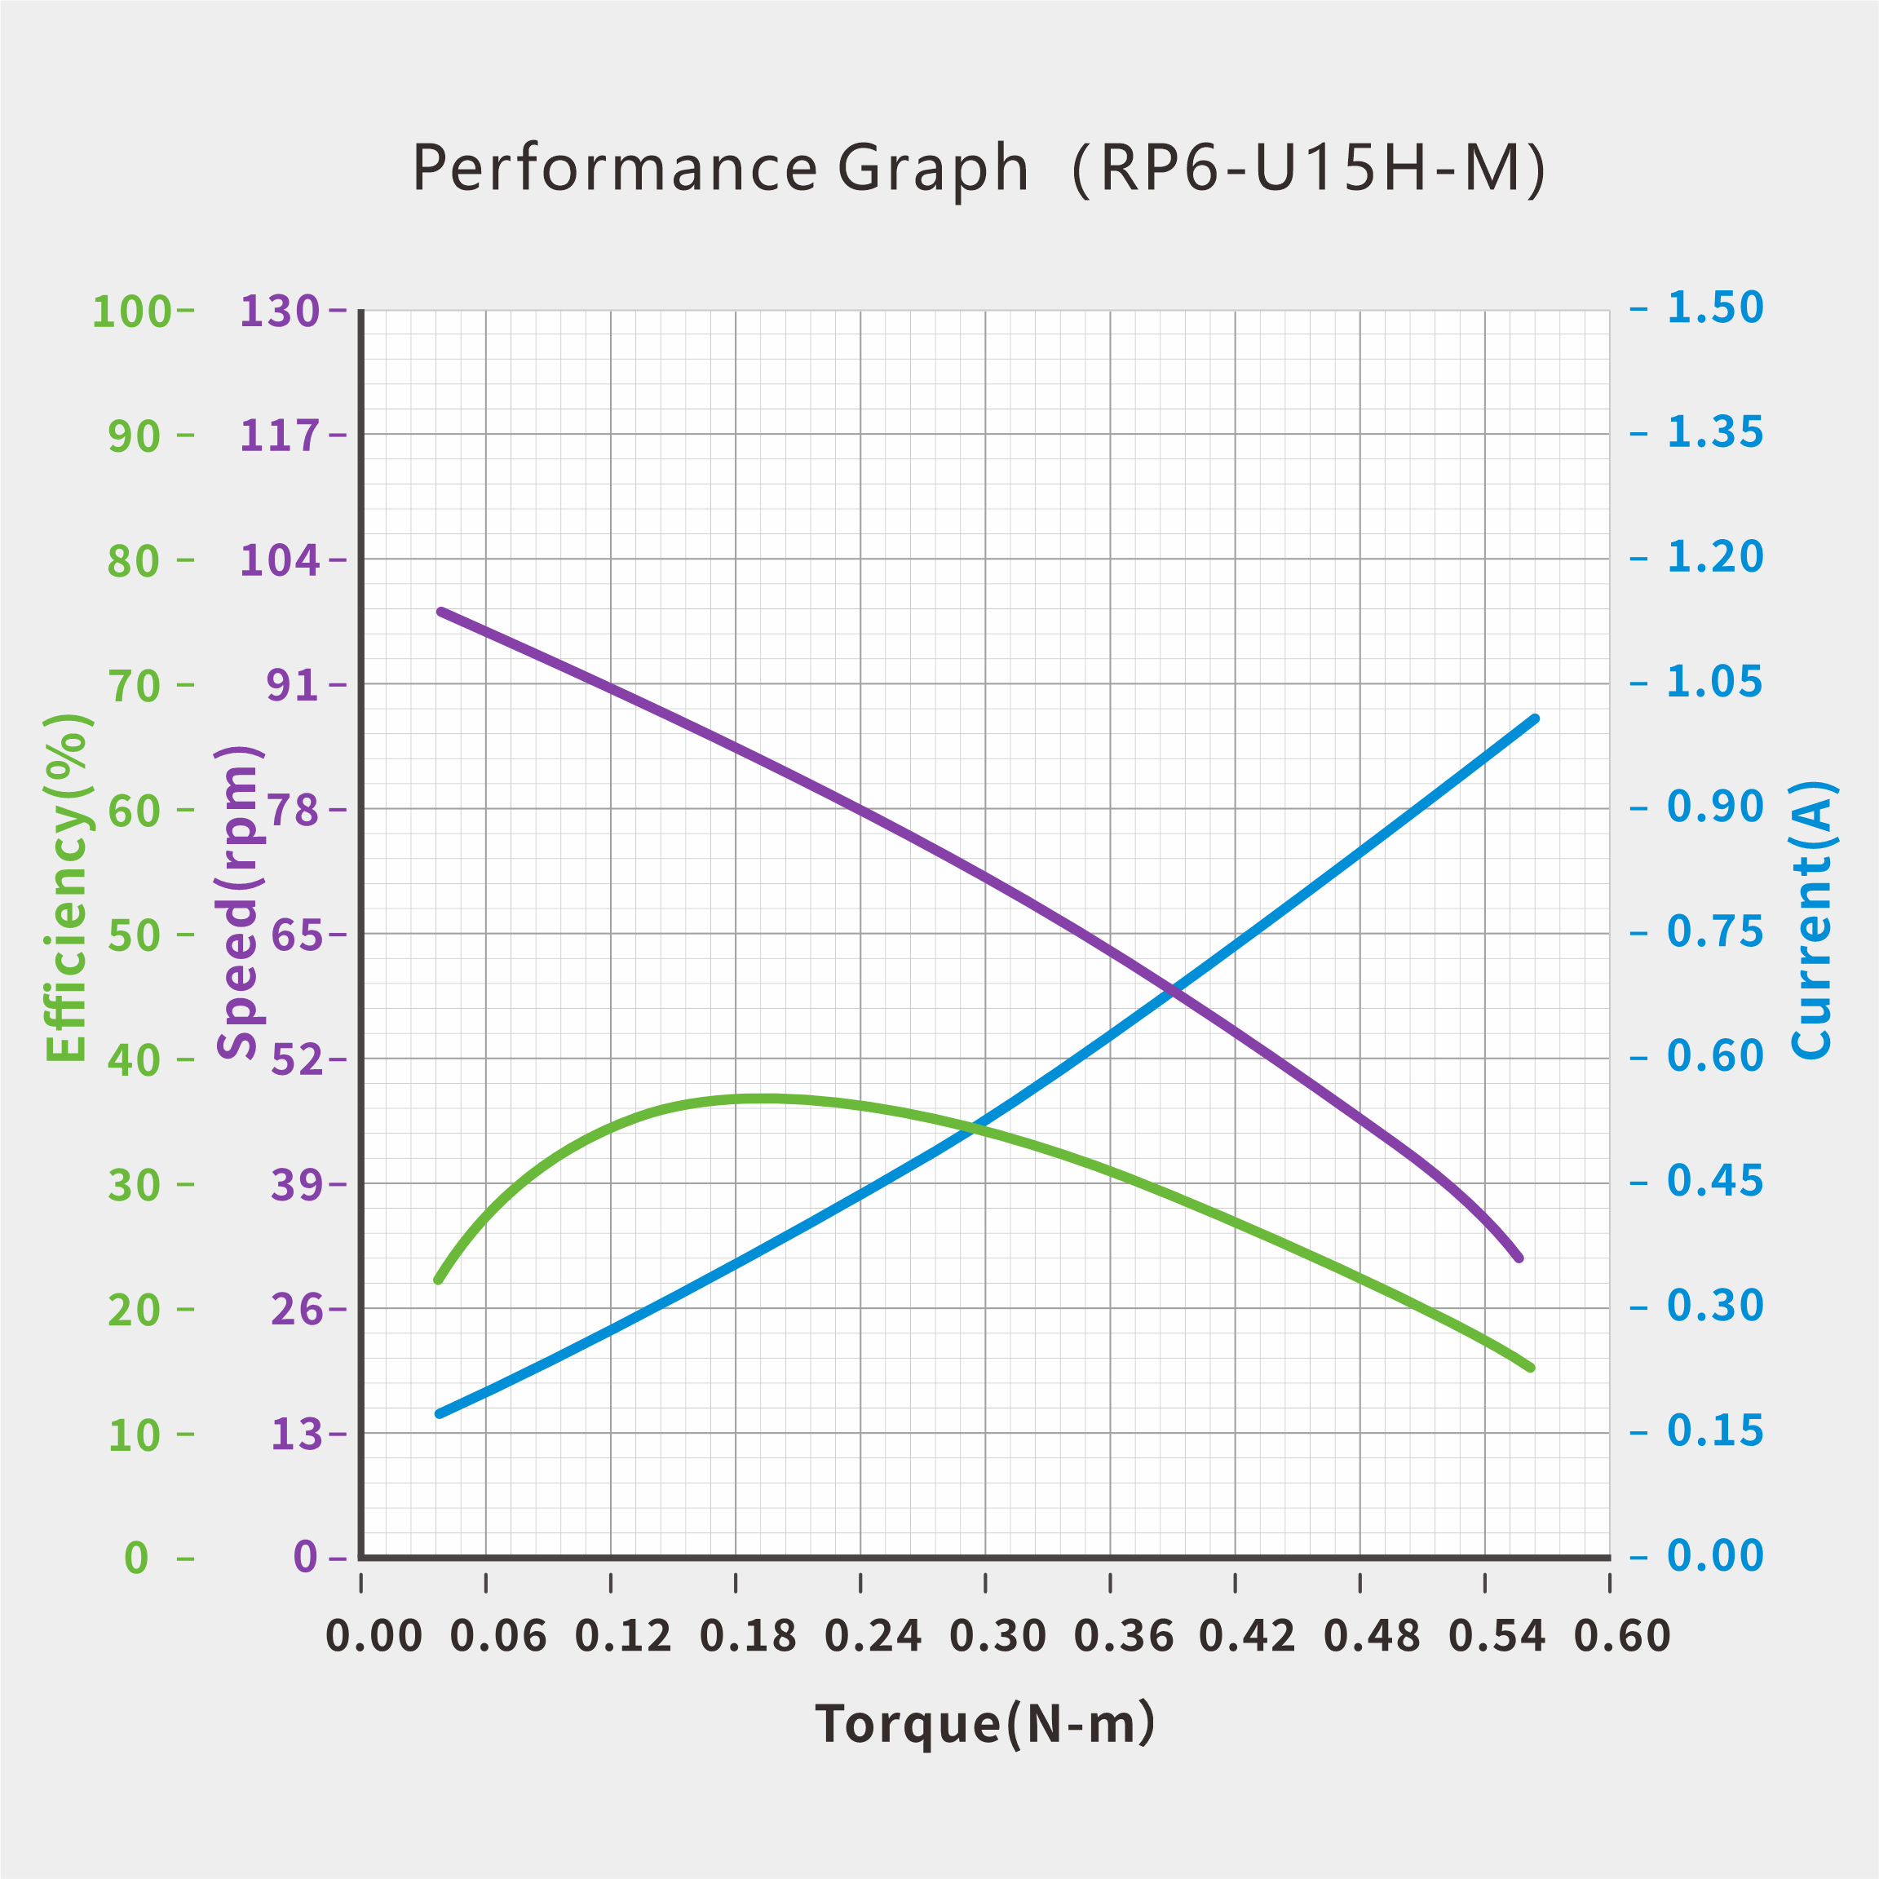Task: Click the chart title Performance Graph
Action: pyautogui.click(x=719, y=168)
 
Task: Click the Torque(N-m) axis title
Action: pyautogui.click(x=984, y=1724)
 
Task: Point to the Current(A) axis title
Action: pyautogui.click(x=1811, y=919)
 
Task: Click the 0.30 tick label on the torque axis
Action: pyautogui.click(x=997, y=1636)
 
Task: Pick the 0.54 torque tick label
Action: pyautogui.click(x=1497, y=1636)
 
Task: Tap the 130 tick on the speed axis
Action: pyautogui.click(x=279, y=312)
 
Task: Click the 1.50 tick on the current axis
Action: pyautogui.click(x=1714, y=308)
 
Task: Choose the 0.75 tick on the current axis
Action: pyautogui.click(x=1714, y=931)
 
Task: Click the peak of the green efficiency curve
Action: pyautogui.click(x=763, y=1098)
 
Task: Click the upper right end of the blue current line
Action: pyautogui.click(x=1536, y=718)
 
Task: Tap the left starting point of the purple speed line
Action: pyautogui.click(x=441, y=612)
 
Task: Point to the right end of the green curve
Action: pyautogui.click(x=1531, y=1368)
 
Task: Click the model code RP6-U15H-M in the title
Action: pyautogui.click(x=1308, y=168)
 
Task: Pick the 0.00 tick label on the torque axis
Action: pyautogui.click(x=374, y=1636)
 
